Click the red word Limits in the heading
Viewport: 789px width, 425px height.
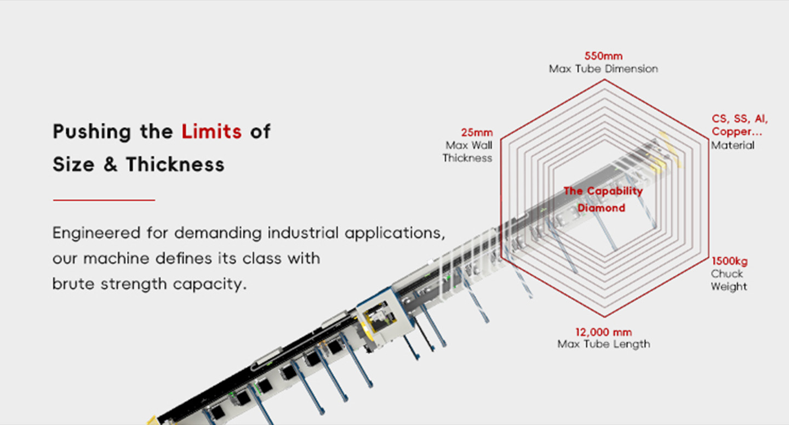(211, 132)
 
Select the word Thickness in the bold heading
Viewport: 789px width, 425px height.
(175, 165)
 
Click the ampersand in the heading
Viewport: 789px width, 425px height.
(110, 165)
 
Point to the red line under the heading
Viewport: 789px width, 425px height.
(104, 200)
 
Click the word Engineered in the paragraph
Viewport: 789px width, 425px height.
(96, 234)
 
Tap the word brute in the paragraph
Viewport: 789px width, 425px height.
(73, 284)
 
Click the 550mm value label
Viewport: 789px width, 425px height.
(604, 56)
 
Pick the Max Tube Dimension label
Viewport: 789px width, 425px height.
(603, 69)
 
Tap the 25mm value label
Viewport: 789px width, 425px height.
(477, 133)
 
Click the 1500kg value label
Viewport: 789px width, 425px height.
(729, 262)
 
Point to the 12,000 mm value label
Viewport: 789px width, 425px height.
(604, 332)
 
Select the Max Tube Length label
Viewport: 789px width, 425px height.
(604, 344)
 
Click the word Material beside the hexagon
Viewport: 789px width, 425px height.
(733, 145)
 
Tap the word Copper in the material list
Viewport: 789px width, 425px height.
(733, 132)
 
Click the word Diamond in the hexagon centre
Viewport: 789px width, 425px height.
(601, 208)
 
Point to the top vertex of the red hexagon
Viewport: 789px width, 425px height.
(604, 80)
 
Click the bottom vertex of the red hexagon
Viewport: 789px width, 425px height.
(604, 316)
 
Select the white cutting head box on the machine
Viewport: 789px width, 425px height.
(384, 317)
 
